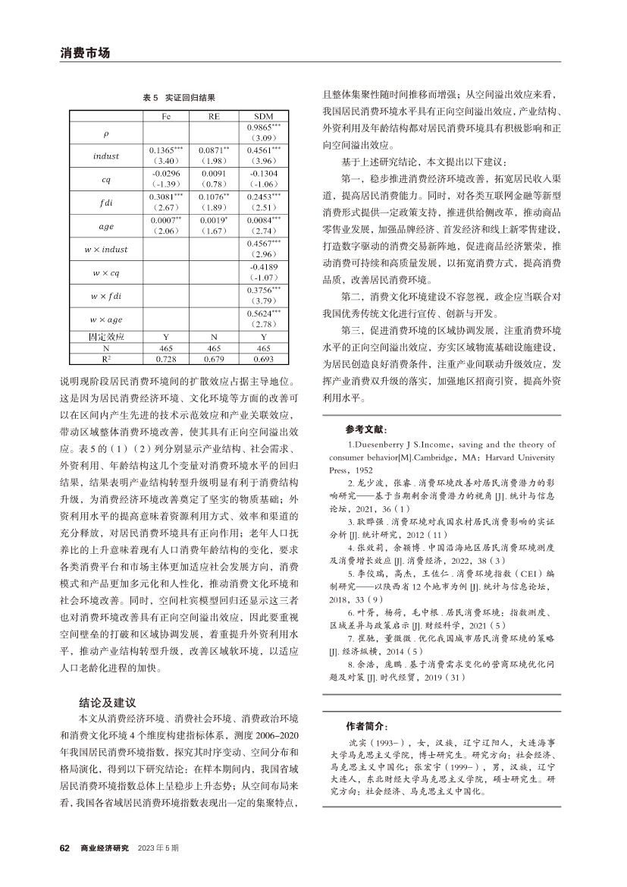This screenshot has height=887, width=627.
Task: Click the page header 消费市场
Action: (85, 53)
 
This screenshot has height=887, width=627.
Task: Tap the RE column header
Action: (215, 117)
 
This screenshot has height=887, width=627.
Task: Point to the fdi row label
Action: (106, 203)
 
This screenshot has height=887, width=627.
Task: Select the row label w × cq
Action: (106, 272)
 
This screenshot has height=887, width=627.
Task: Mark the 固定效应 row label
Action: (106, 335)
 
